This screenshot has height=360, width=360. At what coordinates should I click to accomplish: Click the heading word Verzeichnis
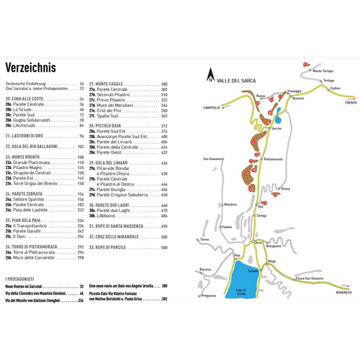[31, 67]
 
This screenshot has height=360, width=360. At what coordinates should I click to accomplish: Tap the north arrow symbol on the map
[210, 76]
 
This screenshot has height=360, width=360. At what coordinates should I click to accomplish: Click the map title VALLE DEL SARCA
[236, 81]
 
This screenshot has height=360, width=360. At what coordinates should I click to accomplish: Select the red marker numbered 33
[305, 64]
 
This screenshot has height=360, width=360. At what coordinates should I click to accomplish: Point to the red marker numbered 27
[254, 142]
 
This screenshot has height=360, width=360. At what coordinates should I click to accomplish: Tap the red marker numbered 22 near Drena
[275, 195]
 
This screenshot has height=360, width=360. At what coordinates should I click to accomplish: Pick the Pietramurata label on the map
[274, 159]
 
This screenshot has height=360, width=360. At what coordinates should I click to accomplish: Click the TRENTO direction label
[351, 103]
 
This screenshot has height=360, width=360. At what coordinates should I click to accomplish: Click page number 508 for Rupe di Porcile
[164, 247]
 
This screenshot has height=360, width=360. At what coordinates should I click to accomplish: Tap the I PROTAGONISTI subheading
[19, 279]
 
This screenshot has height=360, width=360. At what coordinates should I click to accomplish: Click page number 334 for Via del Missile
[81, 300]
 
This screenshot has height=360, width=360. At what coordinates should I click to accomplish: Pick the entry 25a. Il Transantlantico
[30, 226]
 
